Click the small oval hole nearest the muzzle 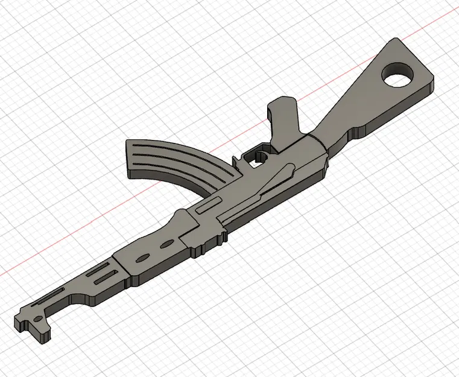(39, 317)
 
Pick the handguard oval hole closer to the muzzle (142, 258)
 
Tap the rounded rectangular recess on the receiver (204, 205)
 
